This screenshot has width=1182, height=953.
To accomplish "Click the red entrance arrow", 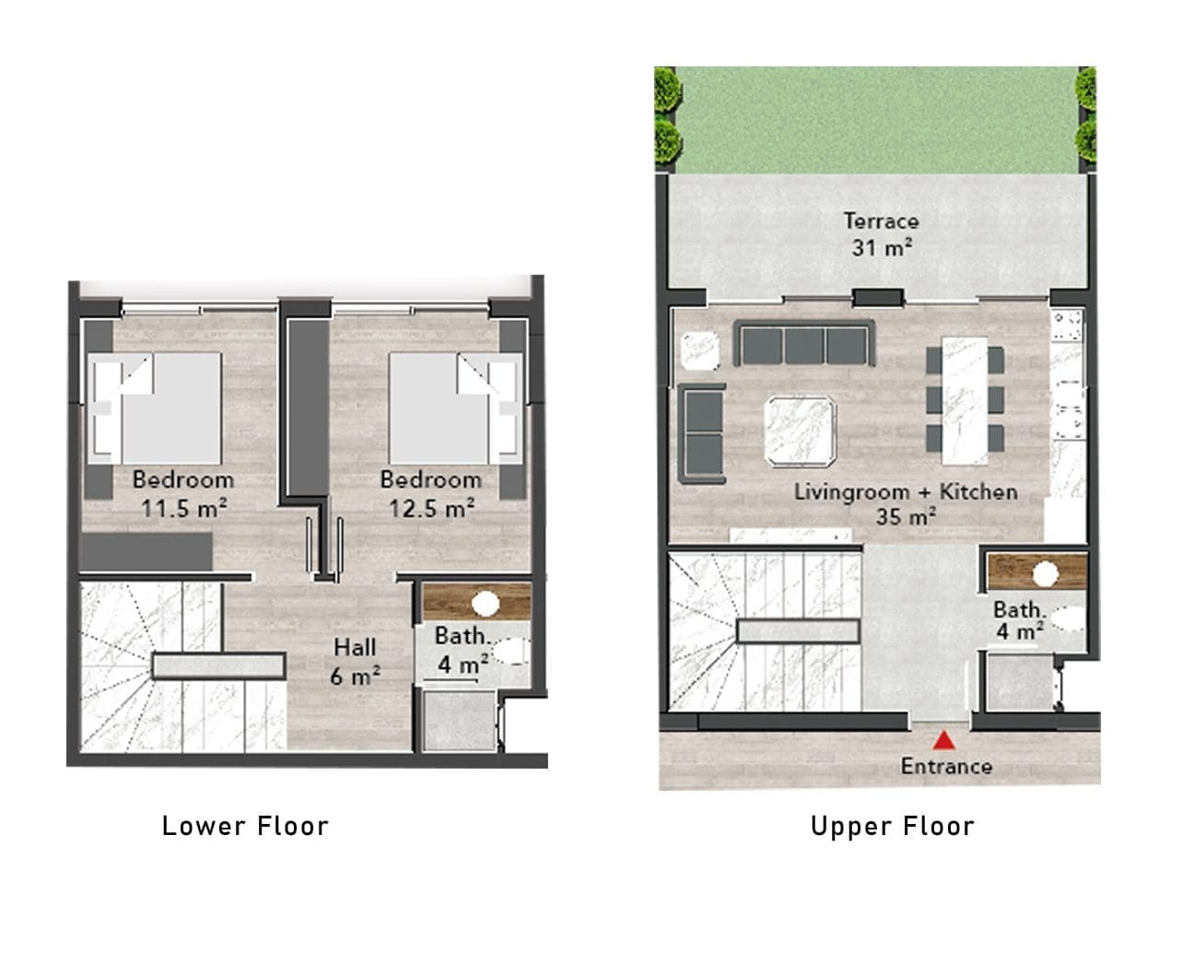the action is pyautogui.click(x=944, y=740).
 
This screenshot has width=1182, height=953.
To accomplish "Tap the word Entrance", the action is pyautogui.click(x=946, y=767).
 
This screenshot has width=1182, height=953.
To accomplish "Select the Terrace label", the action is pyautogui.click(x=881, y=221).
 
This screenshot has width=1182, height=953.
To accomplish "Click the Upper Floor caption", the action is pyautogui.click(x=893, y=827).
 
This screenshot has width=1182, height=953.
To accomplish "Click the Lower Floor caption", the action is pyautogui.click(x=245, y=826).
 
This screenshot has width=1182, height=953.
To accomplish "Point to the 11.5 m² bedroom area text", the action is pyautogui.click(x=184, y=509).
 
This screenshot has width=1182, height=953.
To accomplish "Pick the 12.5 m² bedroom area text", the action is pyautogui.click(x=432, y=509).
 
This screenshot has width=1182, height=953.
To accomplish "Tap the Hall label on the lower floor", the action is pyautogui.click(x=355, y=647).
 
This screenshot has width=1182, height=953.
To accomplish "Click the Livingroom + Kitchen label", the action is pyautogui.click(x=906, y=492).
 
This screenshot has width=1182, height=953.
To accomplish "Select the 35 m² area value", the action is pyautogui.click(x=906, y=517).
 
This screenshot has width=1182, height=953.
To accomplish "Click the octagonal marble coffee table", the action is pyautogui.click(x=801, y=432).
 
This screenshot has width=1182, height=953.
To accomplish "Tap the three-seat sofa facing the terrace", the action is pyautogui.click(x=804, y=344).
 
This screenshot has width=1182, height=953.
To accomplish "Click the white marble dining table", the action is pyautogui.click(x=964, y=401).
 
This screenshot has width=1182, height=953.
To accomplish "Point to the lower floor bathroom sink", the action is pyautogui.click(x=486, y=604).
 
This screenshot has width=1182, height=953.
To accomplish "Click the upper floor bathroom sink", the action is pyautogui.click(x=1045, y=574).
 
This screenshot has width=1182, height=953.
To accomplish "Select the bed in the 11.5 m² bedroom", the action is pyautogui.click(x=155, y=408).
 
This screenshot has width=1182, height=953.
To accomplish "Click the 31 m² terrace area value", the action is pyautogui.click(x=882, y=247).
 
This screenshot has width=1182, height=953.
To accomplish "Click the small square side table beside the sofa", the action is pyautogui.click(x=700, y=350).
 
